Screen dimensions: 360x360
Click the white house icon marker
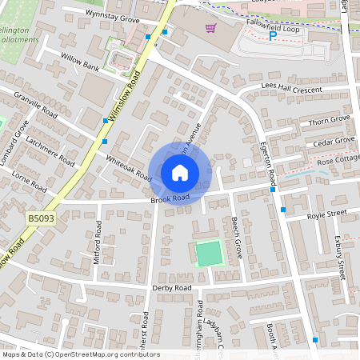click(x=180, y=172)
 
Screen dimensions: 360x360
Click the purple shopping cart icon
click(x=210, y=28)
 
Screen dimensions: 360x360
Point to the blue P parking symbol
click(x=272, y=35)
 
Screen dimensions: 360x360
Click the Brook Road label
click(x=170, y=198)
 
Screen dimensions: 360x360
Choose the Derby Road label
click(x=172, y=287)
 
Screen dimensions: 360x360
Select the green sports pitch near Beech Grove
click(x=209, y=254)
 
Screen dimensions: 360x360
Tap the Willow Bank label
click(x=80, y=62)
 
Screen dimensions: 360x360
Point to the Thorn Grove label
click(x=329, y=120)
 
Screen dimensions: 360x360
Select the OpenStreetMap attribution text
click(x=81, y=354)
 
